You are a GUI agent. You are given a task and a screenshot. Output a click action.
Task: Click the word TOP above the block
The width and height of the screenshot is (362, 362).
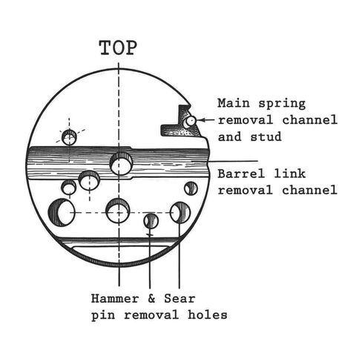click(x=118, y=47)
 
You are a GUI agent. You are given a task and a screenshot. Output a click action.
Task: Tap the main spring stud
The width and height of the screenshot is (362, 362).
click(x=190, y=121)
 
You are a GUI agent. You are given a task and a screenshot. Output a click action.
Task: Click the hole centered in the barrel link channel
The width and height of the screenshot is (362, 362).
click(x=121, y=164)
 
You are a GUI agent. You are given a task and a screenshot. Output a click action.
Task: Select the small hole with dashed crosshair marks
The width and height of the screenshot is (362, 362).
click(x=69, y=137)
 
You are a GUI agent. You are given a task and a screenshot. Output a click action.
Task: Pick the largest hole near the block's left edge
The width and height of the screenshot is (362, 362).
click(x=62, y=212)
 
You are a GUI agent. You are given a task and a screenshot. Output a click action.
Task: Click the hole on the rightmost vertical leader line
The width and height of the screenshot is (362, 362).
click(x=180, y=212)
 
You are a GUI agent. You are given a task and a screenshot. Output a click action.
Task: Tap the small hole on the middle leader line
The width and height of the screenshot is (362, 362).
click(x=151, y=221)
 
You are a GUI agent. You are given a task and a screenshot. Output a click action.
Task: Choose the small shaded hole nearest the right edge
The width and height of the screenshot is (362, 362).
click(x=191, y=188)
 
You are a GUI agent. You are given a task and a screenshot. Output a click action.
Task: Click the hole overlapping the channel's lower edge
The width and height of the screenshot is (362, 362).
click(x=89, y=180)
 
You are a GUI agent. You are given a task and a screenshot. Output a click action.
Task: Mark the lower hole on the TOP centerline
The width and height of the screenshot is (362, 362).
click(x=118, y=211)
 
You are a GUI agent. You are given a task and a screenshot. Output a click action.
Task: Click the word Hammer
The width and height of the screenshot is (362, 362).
click(x=115, y=299)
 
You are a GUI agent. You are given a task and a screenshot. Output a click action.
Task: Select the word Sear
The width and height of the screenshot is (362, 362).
click(x=180, y=299)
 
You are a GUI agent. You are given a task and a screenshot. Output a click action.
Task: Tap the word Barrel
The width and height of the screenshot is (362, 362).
click(x=241, y=174)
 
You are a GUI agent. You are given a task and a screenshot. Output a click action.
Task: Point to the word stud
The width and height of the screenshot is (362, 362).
click(x=266, y=136)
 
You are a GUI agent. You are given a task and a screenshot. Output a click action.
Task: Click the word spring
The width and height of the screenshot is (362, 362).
click(x=282, y=104)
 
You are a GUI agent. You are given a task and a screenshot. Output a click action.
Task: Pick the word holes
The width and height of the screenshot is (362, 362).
click(x=207, y=315)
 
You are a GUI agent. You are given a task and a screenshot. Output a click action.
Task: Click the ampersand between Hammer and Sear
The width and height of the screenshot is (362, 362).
click(x=151, y=299)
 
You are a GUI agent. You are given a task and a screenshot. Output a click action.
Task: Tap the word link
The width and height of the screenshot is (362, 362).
click(x=290, y=174)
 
